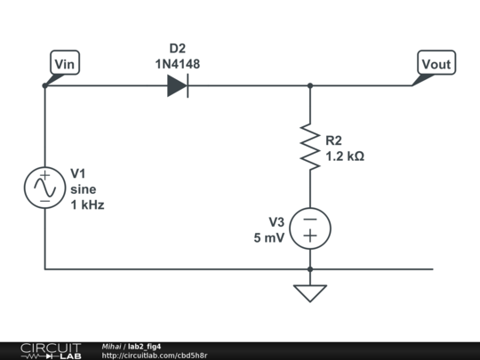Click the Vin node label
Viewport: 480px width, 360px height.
tap(65, 64)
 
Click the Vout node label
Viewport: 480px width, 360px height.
tap(436, 64)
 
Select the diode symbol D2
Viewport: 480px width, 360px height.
tap(178, 86)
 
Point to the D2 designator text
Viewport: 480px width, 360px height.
tap(178, 48)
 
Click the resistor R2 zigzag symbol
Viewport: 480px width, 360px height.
tap(310, 147)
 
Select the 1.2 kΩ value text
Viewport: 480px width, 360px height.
tap(345, 156)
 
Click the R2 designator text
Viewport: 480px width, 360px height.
tap(334, 140)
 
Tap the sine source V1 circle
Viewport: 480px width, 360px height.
tap(44, 188)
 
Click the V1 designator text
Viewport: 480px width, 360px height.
tap(79, 173)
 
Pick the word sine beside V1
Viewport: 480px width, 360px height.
tap(83, 188)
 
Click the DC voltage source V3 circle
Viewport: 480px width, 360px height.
tap(310, 228)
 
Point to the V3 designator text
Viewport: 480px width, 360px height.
tap(278, 221)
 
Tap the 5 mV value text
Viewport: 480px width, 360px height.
tap(270, 237)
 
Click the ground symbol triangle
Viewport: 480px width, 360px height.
tap(310, 292)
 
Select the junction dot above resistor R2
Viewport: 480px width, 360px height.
tap(310, 86)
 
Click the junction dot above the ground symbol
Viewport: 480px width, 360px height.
tap(310, 268)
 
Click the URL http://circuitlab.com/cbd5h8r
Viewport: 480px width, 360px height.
tap(155, 356)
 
